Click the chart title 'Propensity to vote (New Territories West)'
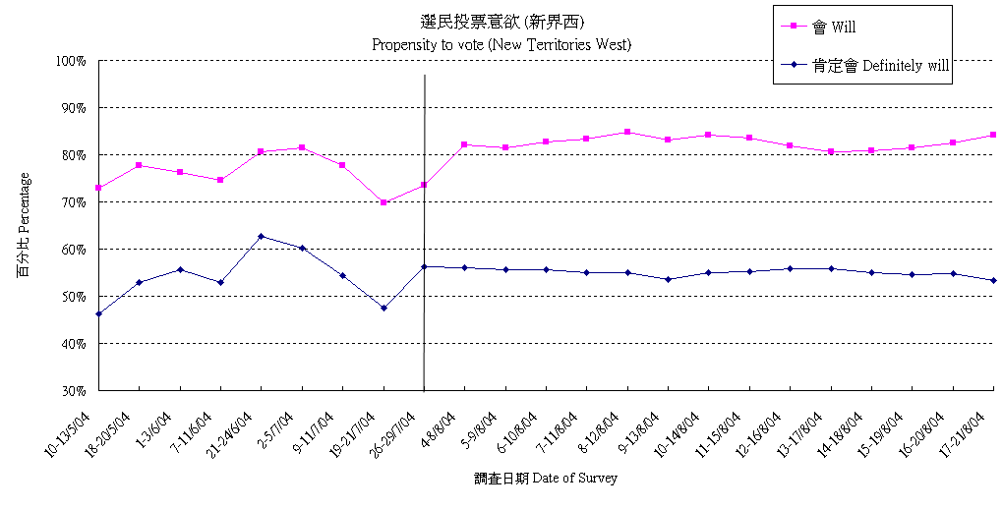coord(501,44)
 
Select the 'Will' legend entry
coord(840,27)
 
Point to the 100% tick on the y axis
coord(72,61)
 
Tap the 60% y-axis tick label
coord(74,250)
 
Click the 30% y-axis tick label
coord(74,391)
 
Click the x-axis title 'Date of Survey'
coord(545,479)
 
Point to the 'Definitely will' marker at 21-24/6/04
coord(261,236)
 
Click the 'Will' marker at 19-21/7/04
coord(383,202)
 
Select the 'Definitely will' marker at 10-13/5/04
coord(98,313)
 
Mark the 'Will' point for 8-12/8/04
coord(627,132)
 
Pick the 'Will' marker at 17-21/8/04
coord(993,135)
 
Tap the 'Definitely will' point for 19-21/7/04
coord(383,308)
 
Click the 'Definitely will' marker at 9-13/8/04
coord(668,279)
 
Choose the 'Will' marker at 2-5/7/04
coord(302,147)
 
